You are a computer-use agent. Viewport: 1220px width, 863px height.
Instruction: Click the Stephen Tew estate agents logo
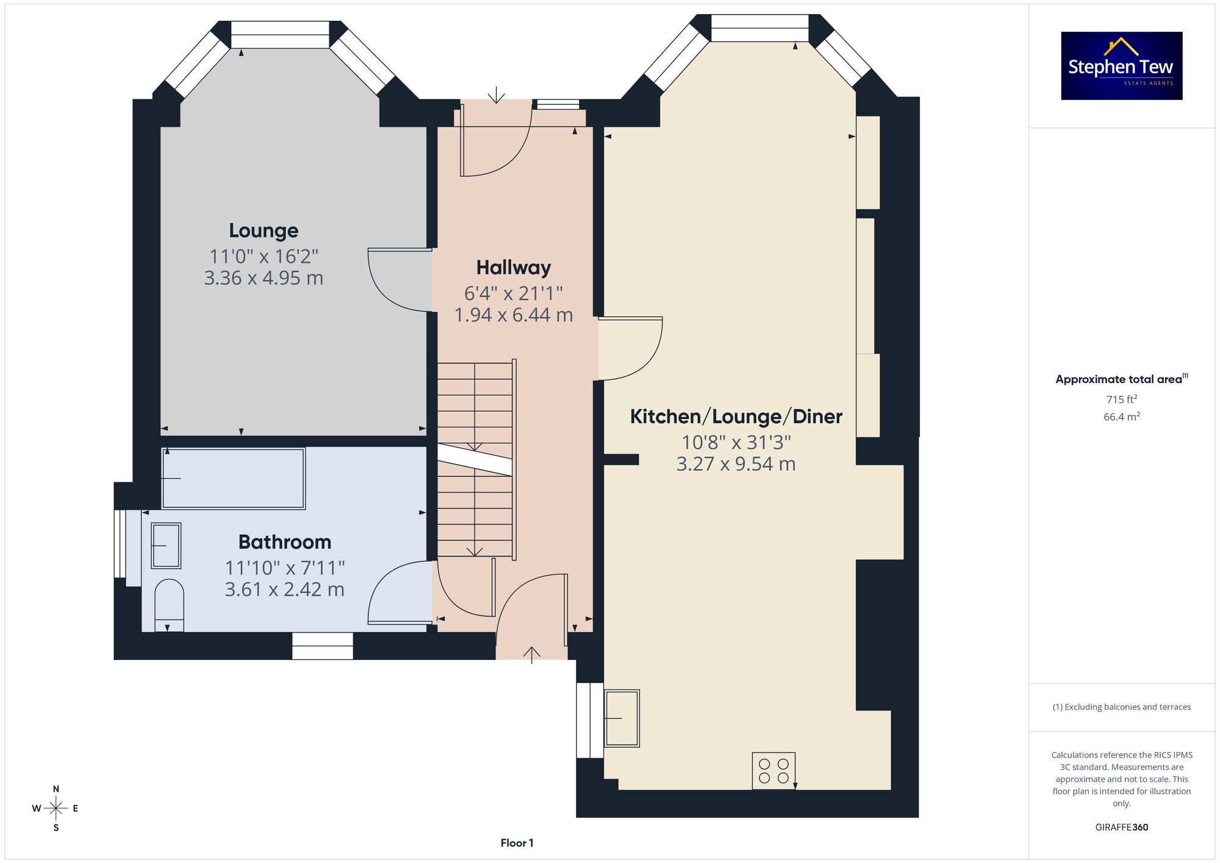pos(1122,66)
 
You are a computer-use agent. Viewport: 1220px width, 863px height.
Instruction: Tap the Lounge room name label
pos(264,231)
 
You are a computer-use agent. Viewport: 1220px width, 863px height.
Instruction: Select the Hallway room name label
pos(514,268)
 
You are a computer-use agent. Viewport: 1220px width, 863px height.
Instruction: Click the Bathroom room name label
pos(285,542)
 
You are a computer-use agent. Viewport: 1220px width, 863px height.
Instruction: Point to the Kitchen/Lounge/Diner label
pos(736,417)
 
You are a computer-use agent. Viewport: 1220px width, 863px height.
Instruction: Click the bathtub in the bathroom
pos(233,478)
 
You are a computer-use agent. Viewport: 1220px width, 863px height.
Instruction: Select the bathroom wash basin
pos(166,545)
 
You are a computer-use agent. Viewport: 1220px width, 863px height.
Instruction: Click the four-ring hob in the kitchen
pos(773,771)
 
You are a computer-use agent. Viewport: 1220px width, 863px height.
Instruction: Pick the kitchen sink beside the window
pos(622,718)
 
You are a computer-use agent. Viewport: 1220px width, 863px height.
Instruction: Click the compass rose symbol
pos(56,809)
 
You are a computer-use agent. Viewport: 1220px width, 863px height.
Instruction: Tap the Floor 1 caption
pos(517,843)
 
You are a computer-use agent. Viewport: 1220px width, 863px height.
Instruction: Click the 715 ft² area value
pos(1122,399)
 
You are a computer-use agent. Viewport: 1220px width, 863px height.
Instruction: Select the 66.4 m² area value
pos(1122,417)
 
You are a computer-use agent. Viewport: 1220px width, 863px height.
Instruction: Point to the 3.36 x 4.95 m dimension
pos(264,278)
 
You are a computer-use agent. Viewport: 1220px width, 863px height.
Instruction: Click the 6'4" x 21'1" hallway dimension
pos(514,293)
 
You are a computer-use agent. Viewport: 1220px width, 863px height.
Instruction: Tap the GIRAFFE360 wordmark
pos(1122,828)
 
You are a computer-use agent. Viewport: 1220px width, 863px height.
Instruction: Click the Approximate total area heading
pos(1122,379)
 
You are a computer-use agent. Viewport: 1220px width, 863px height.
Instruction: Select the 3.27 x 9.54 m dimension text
pos(736,464)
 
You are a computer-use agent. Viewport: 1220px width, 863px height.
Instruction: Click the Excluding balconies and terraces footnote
pos(1122,707)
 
